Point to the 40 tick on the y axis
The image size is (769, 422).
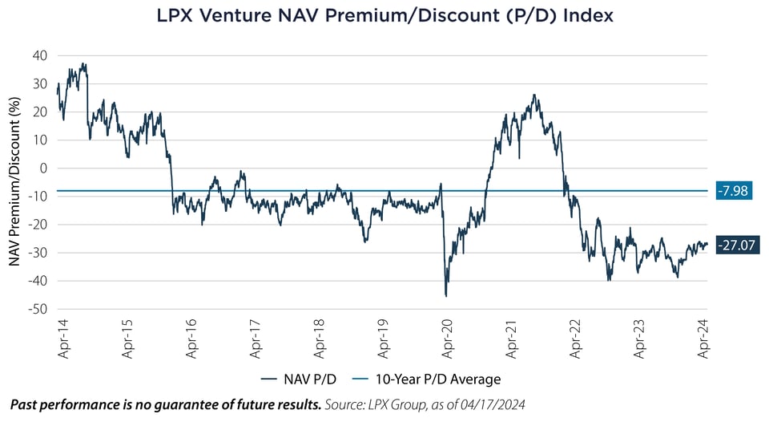pos(40,55)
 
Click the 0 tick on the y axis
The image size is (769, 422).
pos(43,168)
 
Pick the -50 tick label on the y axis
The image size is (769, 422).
pos(38,309)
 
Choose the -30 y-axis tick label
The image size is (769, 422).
pos(38,253)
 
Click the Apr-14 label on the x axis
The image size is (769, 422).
pos(62,338)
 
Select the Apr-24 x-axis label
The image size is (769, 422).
pos(705,338)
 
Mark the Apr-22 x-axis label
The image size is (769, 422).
pos(576,338)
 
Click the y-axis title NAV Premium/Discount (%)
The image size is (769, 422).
pos(14,181)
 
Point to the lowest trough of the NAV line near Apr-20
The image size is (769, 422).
pos(445,296)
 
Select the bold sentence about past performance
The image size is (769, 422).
pos(165,406)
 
